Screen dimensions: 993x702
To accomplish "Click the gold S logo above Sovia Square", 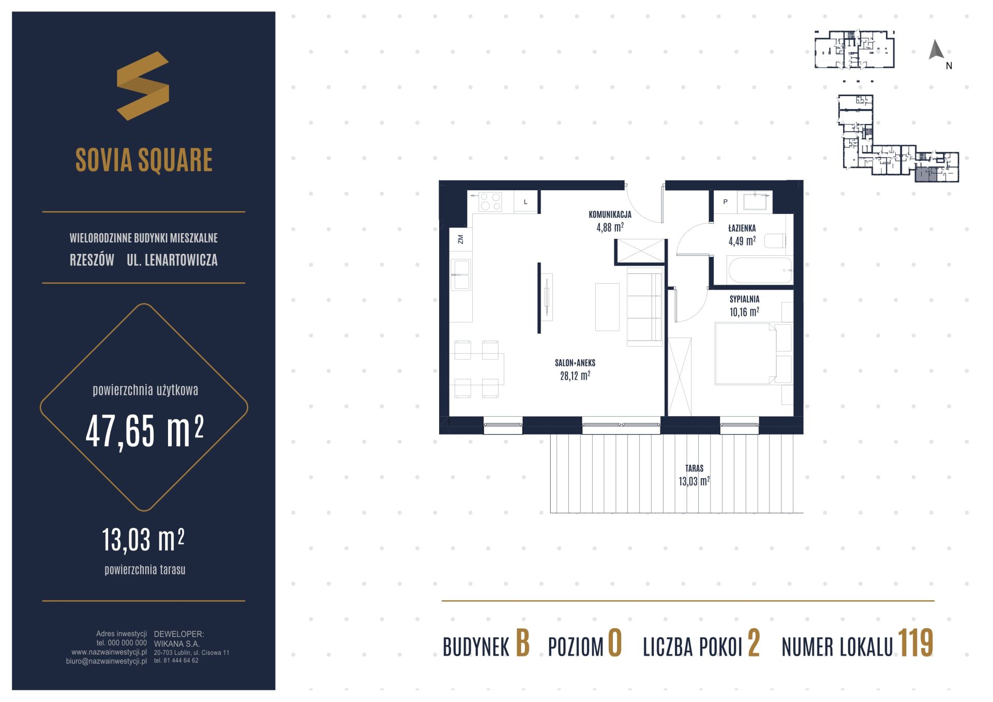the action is [143, 86].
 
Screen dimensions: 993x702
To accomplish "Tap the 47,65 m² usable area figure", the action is [145, 431].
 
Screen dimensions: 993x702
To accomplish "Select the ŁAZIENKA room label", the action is [742, 228].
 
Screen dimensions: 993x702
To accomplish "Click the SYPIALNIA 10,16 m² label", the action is [744, 306].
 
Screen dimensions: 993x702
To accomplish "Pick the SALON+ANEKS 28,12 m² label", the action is [575, 369].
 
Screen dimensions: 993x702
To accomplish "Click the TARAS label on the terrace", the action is [694, 468].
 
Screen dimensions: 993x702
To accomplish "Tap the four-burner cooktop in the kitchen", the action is [490, 202].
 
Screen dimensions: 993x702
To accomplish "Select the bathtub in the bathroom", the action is [759, 270].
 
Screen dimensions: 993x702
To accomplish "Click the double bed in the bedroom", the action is [754, 354].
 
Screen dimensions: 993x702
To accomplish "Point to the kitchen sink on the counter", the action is [461, 274].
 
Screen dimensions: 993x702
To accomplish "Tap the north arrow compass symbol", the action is [936, 50].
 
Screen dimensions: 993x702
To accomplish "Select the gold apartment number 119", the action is [915, 644].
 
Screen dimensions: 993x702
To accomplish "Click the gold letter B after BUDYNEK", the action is [522, 644].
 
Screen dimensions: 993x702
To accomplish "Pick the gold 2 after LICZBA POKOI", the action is [754, 644].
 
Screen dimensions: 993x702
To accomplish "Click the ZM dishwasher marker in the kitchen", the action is [460, 239].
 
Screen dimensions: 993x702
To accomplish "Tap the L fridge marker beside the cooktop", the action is [525, 202].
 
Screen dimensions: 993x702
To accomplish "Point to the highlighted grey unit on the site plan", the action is [926, 174].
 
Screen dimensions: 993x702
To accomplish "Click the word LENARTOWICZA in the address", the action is [181, 260].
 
